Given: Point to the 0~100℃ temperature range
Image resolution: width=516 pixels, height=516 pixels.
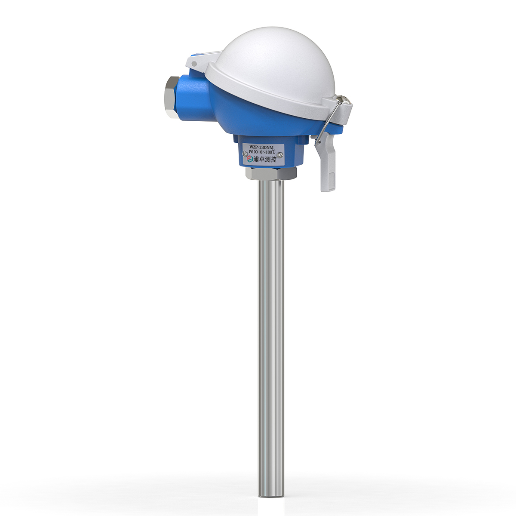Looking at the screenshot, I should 269,152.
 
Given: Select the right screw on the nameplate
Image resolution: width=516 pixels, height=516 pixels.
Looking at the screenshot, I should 280,154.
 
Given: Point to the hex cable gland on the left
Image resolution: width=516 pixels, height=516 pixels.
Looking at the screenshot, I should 171,97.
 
